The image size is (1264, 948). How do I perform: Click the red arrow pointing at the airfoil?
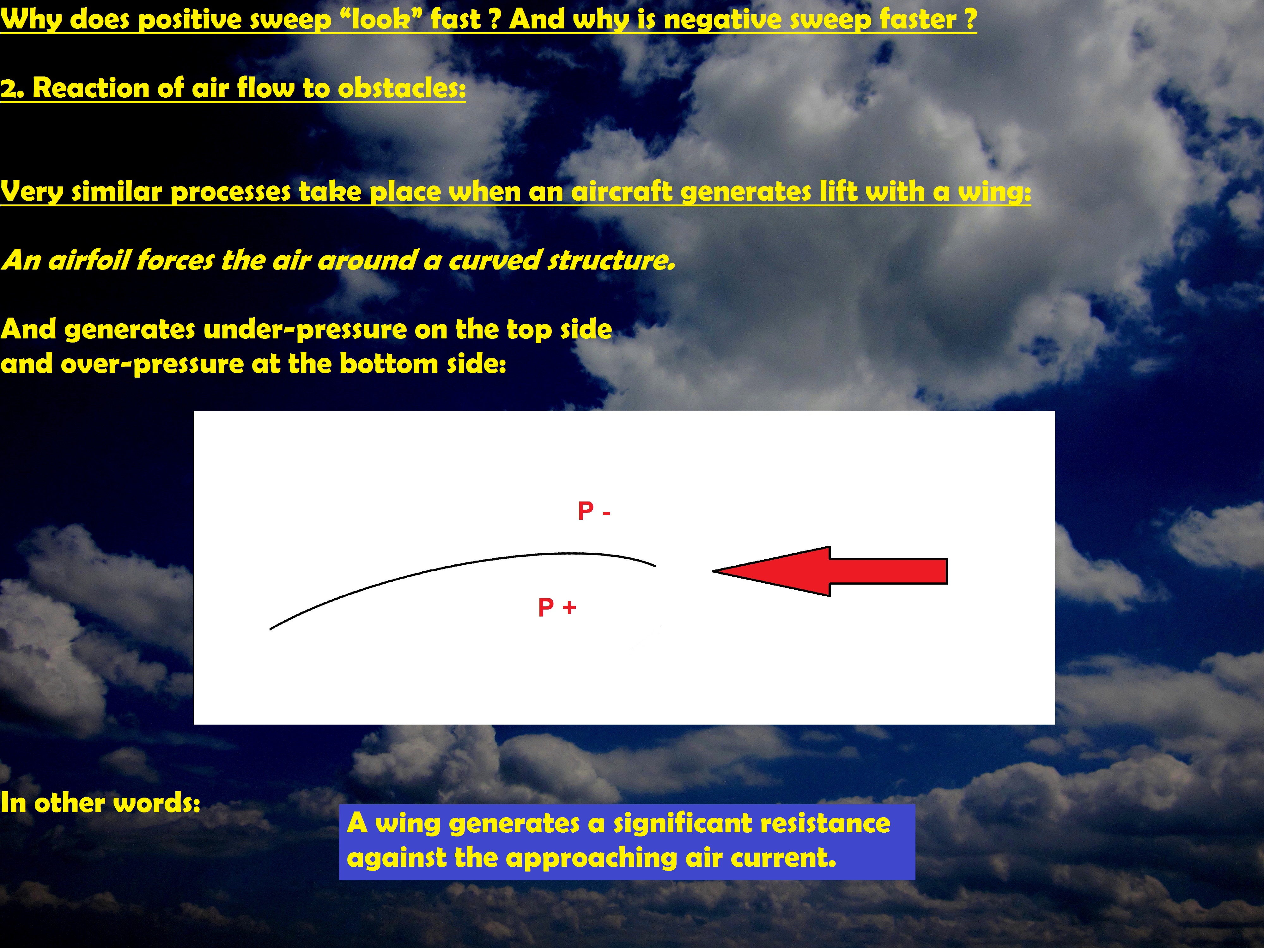(x=830, y=571)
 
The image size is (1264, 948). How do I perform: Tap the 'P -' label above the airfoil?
(x=594, y=511)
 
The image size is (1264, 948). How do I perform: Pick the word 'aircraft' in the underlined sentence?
(x=622, y=191)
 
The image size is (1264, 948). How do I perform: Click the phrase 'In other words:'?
(x=100, y=803)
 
